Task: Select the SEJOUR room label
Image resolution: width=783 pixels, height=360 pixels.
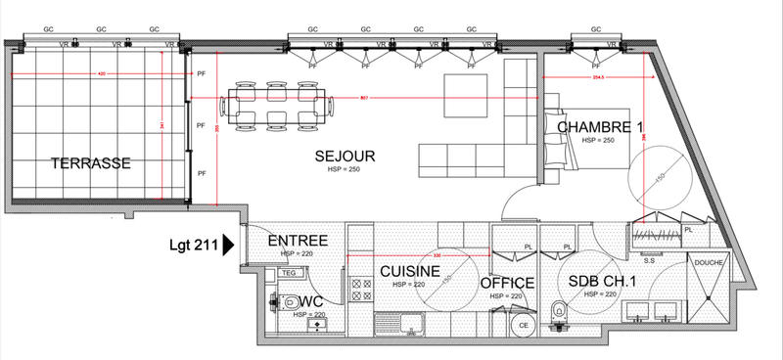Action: [x=345, y=157]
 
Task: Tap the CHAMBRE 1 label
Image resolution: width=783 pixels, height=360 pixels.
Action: [x=601, y=128]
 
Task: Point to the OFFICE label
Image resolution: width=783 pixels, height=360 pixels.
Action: [x=507, y=284]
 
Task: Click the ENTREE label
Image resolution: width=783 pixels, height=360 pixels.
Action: [x=298, y=241]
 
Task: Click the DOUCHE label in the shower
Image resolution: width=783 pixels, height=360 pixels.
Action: [x=709, y=263]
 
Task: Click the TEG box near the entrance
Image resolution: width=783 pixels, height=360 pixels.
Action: [x=288, y=273]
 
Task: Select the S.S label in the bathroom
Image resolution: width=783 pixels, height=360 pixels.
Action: [x=648, y=260]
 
